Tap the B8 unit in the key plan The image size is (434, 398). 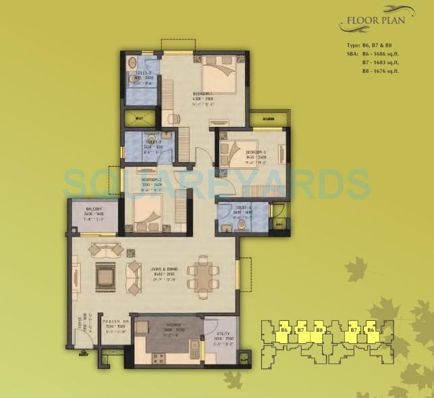click(319, 330)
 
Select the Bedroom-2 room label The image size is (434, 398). click(150, 182)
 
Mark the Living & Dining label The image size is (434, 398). click(163, 270)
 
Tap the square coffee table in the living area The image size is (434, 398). click(105, 274)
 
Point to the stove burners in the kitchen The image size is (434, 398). click(160, 358)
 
